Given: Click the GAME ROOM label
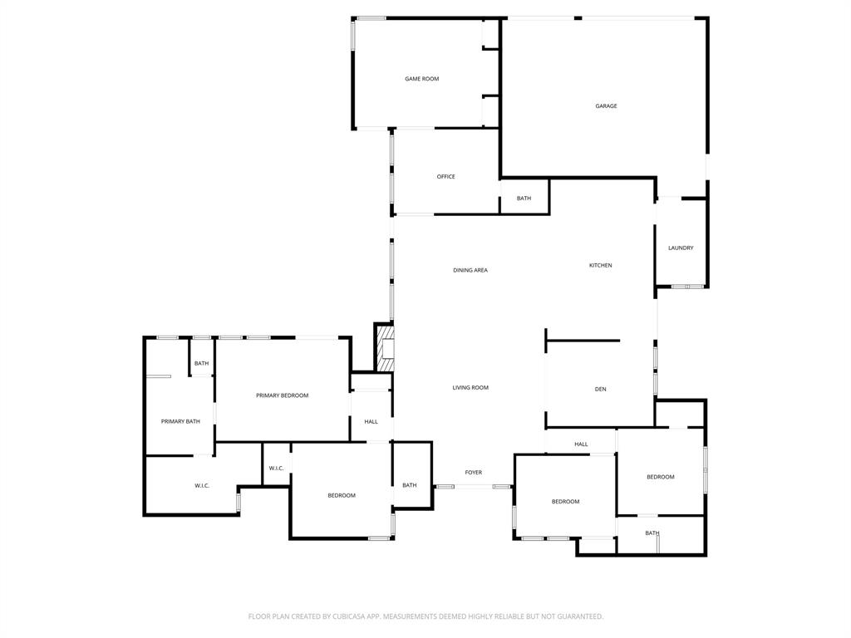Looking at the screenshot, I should (x=421, y=79).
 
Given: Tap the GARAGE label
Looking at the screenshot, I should (x=606, y=106).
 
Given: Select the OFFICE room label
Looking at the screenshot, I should (x=445, y=177).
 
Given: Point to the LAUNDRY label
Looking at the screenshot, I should (x=681, y=248).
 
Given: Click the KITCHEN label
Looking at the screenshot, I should (x=600, y=266).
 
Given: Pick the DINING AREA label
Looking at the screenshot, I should (x=470, y=271).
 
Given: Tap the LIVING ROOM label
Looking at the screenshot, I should (x=470, y=388).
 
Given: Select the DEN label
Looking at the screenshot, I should (x=600, y=390).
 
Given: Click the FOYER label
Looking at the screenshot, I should (x=473, y=473).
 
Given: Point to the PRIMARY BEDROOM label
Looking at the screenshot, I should (x=282, y=395).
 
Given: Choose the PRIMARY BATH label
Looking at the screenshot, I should (x=180, y=422).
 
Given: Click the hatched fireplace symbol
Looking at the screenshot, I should (x=386, y=349).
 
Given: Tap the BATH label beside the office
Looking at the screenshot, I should (x=524, y=199).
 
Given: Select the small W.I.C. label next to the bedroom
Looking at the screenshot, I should (x=276, y=469).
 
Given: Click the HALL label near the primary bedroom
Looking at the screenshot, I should (x=371, y=422).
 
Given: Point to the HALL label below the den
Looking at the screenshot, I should (x=581, y=444).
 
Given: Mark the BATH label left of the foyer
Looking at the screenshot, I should (x=410, y=485).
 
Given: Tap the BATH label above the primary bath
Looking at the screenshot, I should (x=201, y=364).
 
